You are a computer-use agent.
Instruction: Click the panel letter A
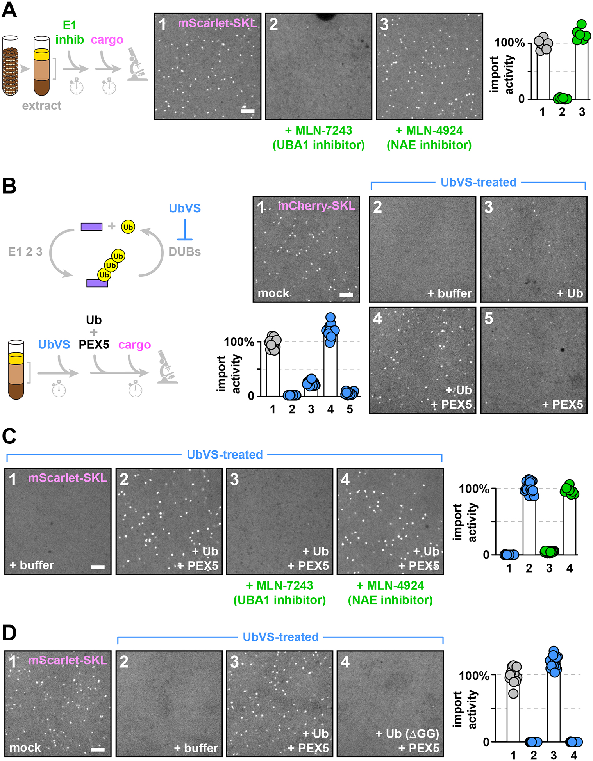(x=9, y=9)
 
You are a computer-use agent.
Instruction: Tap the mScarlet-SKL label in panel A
(x=217, y=23)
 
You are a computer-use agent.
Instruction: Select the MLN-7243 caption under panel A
(x=318, y=130)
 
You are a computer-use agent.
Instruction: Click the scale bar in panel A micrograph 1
(x=248, y=111)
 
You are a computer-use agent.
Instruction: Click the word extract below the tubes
(x=41, y=106)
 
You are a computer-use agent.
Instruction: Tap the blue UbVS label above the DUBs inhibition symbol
(x=185, y=208)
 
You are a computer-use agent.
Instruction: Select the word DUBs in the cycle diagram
(x=184, y=252)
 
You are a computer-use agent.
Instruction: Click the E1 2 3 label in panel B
(x=25, y=252)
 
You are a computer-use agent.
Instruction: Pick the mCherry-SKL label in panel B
(x=316, y=206)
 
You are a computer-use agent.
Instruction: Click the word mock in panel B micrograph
(x=273, y=293)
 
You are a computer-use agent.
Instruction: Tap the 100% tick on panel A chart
(x=509, y=43)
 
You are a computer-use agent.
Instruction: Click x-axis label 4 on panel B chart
(x=330, y=409)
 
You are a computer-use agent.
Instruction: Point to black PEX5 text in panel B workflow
(x=94, y=345)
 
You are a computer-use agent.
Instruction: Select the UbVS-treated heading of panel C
(x=225, y=455)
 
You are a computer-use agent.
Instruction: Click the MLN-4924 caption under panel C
(x=390, y=585)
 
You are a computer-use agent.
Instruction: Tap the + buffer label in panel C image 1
(x=32, y=565)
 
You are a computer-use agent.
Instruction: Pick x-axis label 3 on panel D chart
(x=553, y=756)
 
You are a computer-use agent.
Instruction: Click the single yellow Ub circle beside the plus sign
(x=128, y=227)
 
